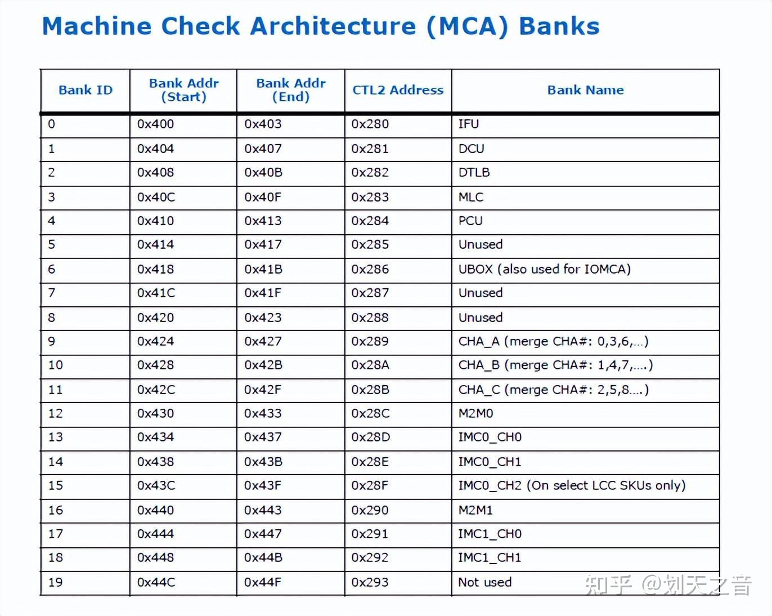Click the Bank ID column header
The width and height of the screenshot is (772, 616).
(x=86, y=90)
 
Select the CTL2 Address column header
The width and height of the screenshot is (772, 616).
(x=398, y=90)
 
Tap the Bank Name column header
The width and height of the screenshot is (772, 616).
(x=585, y=90)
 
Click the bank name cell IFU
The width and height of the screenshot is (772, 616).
(x=469, y=124)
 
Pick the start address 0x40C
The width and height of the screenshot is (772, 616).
(x=156, y=197)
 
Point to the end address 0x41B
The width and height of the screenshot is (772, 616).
(x=263, y=269)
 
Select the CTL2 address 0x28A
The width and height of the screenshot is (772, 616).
(x=370, y=365)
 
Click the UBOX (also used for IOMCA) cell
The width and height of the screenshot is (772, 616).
(x=544, y=269)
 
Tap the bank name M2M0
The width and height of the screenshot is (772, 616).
(x=475, y=413)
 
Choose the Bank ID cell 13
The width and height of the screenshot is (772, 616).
(x=56, y=437)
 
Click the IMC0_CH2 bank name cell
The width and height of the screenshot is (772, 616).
(x=572, y=485)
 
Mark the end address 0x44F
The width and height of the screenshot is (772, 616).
(x=263, y=582)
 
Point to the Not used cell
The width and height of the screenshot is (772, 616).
(x=484, y=582)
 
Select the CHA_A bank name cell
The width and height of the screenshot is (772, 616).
(x=553, y=341)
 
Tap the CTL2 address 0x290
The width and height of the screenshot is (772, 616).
(x=370, y=510)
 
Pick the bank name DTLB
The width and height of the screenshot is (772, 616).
(x=474, y=172)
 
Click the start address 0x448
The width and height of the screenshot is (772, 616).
(x=156, y=557)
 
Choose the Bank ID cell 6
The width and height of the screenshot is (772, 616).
(x=52, y=269)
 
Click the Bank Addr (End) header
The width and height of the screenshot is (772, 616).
(x=291, y=90)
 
